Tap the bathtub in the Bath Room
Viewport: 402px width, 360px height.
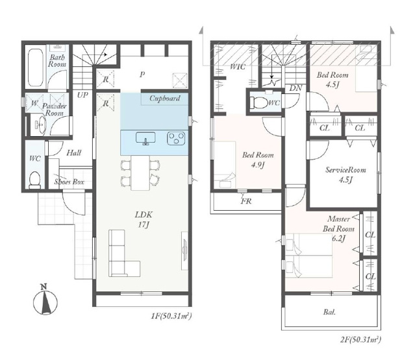(x=36, y=67)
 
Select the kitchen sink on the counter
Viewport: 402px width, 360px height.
(x=145, y=139)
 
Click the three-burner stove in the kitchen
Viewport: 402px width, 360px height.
(x=176, y=138)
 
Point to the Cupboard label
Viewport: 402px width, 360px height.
(x=164, y=99)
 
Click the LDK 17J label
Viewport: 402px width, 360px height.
(x=144, y=219)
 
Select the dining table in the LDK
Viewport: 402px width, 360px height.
(x=140, y=173)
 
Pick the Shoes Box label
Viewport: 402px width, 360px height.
(x=69, y=182)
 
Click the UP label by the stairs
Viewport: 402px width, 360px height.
(x=82, y=95)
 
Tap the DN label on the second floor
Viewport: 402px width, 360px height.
(x=295, y=88)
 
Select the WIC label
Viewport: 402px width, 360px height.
(x=238, y=67)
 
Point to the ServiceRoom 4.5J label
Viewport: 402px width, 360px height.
(x=345, y=174)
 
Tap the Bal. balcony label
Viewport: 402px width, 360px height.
(x=329, y=312)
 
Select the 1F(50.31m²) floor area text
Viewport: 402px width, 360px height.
(x=171, y=316)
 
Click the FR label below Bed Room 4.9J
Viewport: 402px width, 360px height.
(x=246, y=201)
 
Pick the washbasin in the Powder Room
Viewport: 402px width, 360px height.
(x=39, y=125)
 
